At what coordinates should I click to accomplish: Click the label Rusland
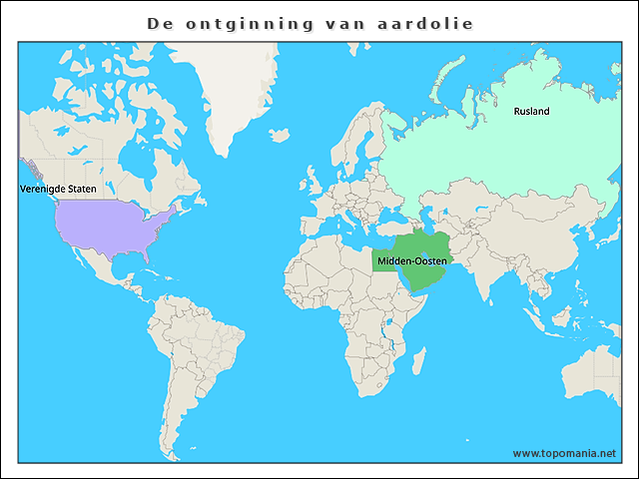(531, 112)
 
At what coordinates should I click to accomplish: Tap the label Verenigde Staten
(58, 189)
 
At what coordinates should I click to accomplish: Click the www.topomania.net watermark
(564, 453)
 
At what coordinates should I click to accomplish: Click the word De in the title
(158, 22)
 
